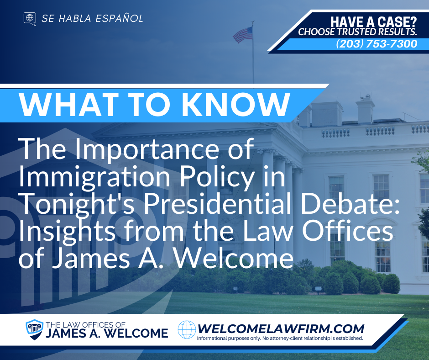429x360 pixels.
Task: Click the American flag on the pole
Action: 243,34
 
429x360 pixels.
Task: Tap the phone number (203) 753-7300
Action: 377,44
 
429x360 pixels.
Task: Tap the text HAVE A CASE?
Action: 374,21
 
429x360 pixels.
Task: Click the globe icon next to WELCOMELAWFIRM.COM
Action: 186,329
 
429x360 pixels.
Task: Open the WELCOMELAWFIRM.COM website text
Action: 280,328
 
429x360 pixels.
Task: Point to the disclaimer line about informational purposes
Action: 280,339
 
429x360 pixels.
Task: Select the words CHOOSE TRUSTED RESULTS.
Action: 358,32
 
